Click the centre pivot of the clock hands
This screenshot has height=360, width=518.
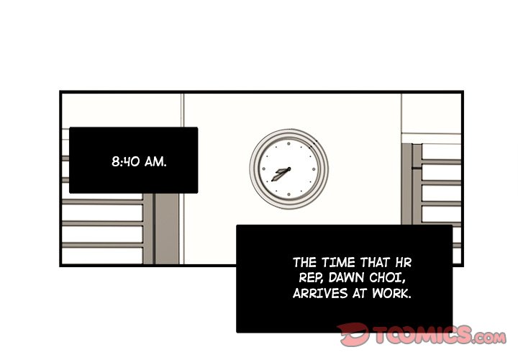click(289, 169)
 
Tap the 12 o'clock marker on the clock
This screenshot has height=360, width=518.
click(288, 144)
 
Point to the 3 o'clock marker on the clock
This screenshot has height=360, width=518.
click(314, 169)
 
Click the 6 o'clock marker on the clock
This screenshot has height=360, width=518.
click(288, 194)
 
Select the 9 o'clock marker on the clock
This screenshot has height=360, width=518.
click(263, 169)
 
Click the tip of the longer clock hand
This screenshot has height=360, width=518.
click(272, 181)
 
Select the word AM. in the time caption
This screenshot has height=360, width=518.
click(155, 162)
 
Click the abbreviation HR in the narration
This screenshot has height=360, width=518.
click(404, 263)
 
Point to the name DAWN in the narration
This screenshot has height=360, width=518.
click(347, 278)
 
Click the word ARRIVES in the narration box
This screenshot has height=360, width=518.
click(319, 293)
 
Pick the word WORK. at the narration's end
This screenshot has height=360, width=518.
click(392, 293)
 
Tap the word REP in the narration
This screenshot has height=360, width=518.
click(311, 278)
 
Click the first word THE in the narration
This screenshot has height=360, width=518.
click(305, 263)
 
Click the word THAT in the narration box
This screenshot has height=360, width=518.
click(375, 263)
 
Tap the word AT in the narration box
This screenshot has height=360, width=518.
click(360, 293)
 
